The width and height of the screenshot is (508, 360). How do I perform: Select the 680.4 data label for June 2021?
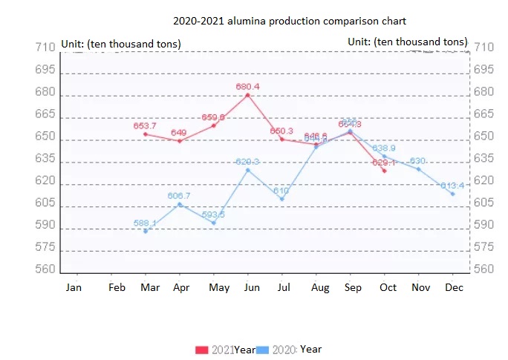[x=247, y=87]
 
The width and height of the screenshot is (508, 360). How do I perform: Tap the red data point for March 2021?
[x=146, y=134]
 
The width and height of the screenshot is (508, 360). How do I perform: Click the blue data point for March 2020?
[x=146, y=231]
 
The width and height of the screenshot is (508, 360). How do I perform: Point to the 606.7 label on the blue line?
[x=179, y=196]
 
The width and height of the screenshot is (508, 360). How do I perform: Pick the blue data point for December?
[x=453, y=194]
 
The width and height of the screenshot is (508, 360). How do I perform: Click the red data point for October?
[x=384, y=171]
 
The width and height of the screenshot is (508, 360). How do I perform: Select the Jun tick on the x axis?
[x=251, y=287]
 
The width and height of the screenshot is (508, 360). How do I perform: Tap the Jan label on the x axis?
[x=74, y=287]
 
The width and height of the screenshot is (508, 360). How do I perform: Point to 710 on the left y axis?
[x=45, y=48]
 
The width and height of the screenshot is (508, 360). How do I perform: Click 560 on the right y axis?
[x=483, y=269]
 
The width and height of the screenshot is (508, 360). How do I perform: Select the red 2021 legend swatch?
[x=202, y=350]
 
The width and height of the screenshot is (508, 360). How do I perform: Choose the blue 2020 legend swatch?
[x=263, y=350]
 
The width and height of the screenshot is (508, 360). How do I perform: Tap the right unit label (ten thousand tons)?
[x=408, y=42]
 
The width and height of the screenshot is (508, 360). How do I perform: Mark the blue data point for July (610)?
[x=281, y=199]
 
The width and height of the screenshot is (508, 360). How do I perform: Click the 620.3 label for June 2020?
[x=247, y=162]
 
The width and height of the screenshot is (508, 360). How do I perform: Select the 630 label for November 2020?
[x=417, y=161]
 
